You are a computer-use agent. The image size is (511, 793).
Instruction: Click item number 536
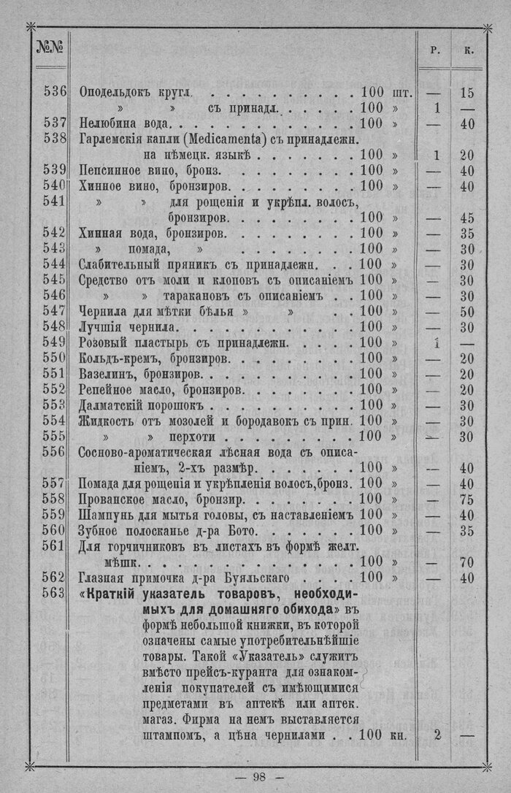[x=54, y=93]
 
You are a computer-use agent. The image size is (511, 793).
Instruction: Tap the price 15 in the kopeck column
[x=467, y=93]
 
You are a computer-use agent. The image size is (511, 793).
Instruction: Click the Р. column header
[x=435, y=50]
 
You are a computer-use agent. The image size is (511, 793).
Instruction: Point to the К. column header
[x=467, y=50]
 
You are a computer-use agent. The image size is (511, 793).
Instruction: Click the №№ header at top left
[x=49, y=50]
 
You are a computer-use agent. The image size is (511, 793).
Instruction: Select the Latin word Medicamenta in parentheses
[x=223, y=139]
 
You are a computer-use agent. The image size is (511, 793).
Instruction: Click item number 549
[x=54, y=343]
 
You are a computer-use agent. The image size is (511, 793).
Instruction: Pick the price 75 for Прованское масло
[x=467, y=500]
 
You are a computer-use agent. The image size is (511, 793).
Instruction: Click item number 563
[x=54, y=594]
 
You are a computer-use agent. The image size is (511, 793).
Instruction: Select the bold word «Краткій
[x=111, y=594]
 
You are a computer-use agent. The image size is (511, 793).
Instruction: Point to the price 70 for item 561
[x=467, y=562]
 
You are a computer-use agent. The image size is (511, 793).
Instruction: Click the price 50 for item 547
[x=467, y=312]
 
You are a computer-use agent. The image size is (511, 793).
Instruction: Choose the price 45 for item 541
[x=467, y=218]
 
